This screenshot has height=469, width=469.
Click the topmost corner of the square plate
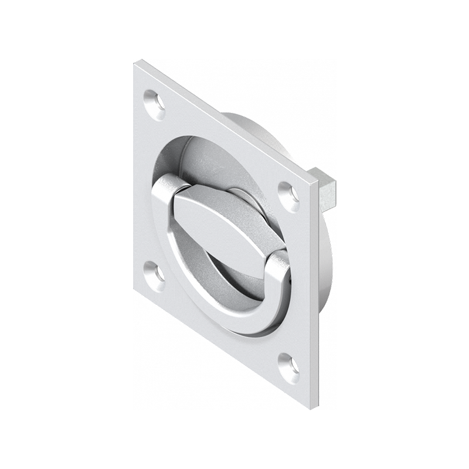click(x=137, y=62)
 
